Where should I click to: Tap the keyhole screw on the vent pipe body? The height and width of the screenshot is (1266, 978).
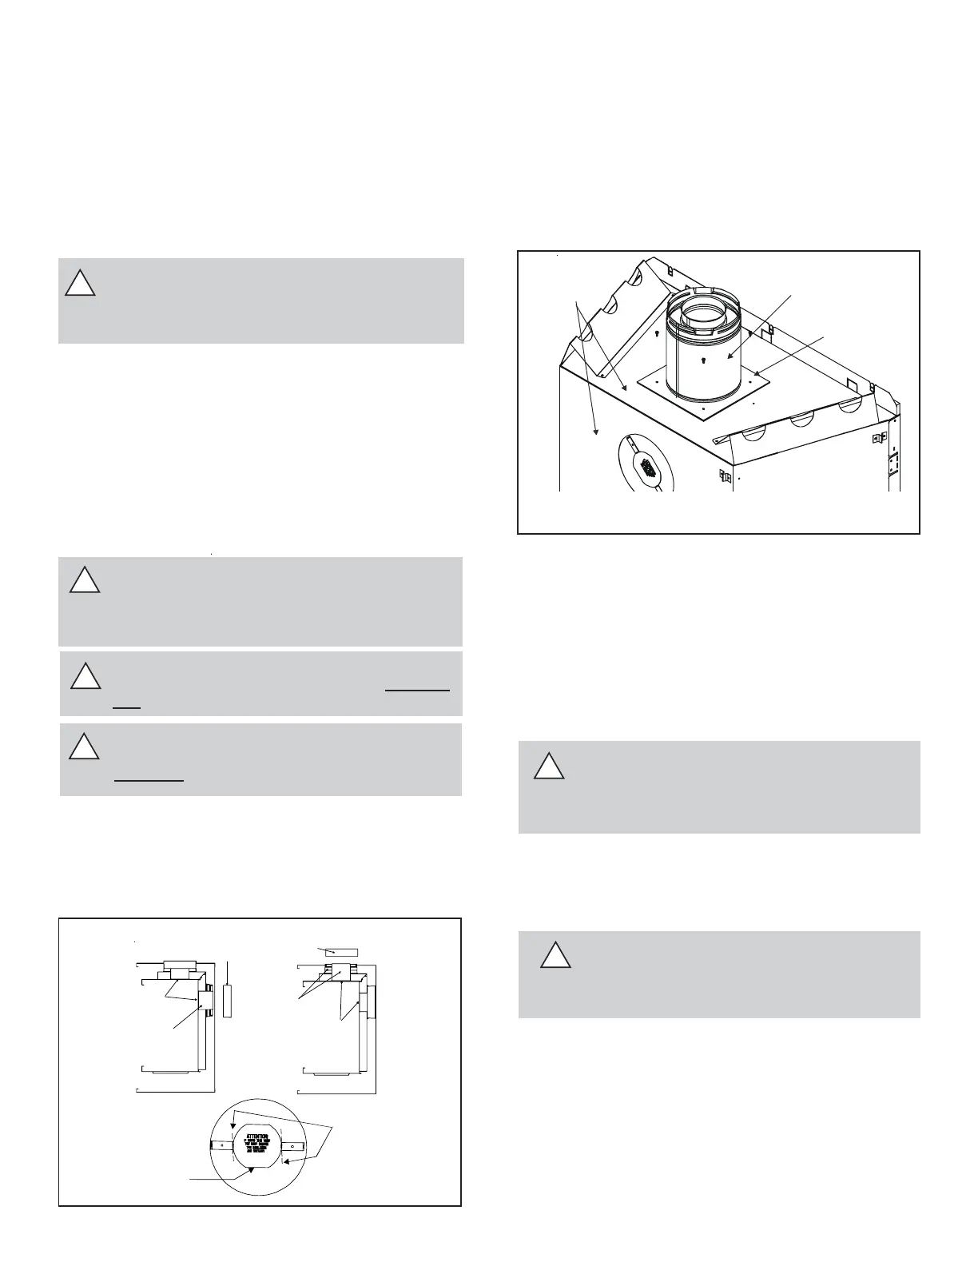(702, 360)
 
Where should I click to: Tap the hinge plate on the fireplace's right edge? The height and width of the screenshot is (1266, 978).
(893, 463)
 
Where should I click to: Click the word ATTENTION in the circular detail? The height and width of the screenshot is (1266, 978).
(257, 1135)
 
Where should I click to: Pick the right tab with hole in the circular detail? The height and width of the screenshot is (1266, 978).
(292, 1145)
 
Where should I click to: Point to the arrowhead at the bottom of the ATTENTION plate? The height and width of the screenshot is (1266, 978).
(252, 1169)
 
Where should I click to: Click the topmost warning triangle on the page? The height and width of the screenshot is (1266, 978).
(80, 283)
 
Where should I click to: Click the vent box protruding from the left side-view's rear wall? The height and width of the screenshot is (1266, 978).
(206, 1000)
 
